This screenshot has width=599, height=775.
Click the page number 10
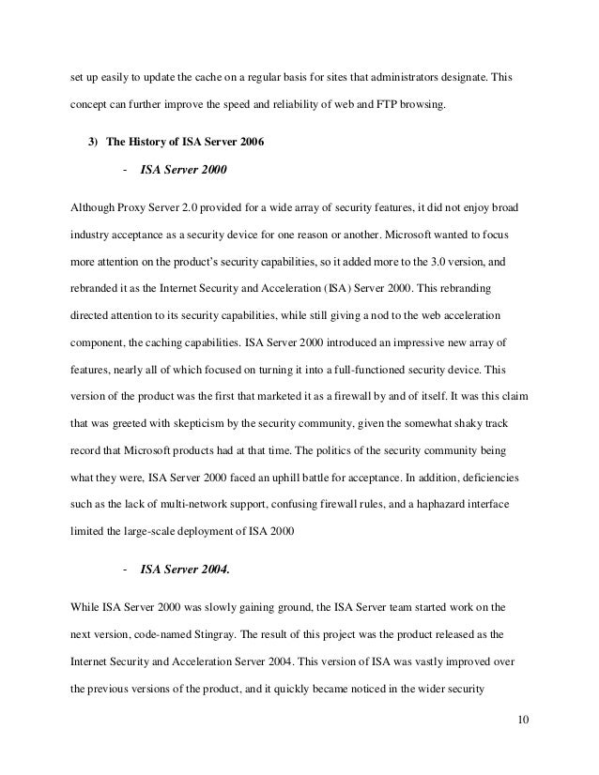click(523, 720)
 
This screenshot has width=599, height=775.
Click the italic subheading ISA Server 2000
click(184, 172)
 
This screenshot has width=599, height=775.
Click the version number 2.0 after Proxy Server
click(176, 205)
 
